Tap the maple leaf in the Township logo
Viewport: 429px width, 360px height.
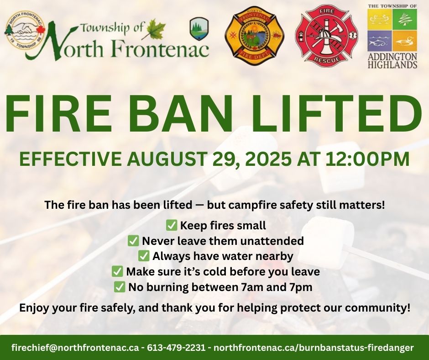click(153, 29)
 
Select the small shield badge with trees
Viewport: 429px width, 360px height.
click(197, 29)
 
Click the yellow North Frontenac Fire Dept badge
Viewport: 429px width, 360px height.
click(254, 36)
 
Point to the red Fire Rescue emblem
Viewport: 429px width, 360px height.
click(326, 35)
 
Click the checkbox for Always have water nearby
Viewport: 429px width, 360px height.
click(144, 256)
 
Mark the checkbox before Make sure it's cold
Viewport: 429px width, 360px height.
click(117, 271)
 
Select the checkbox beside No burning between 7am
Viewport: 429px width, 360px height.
click(120, 287)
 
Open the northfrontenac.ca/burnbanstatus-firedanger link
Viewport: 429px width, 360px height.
click(314, 348)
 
